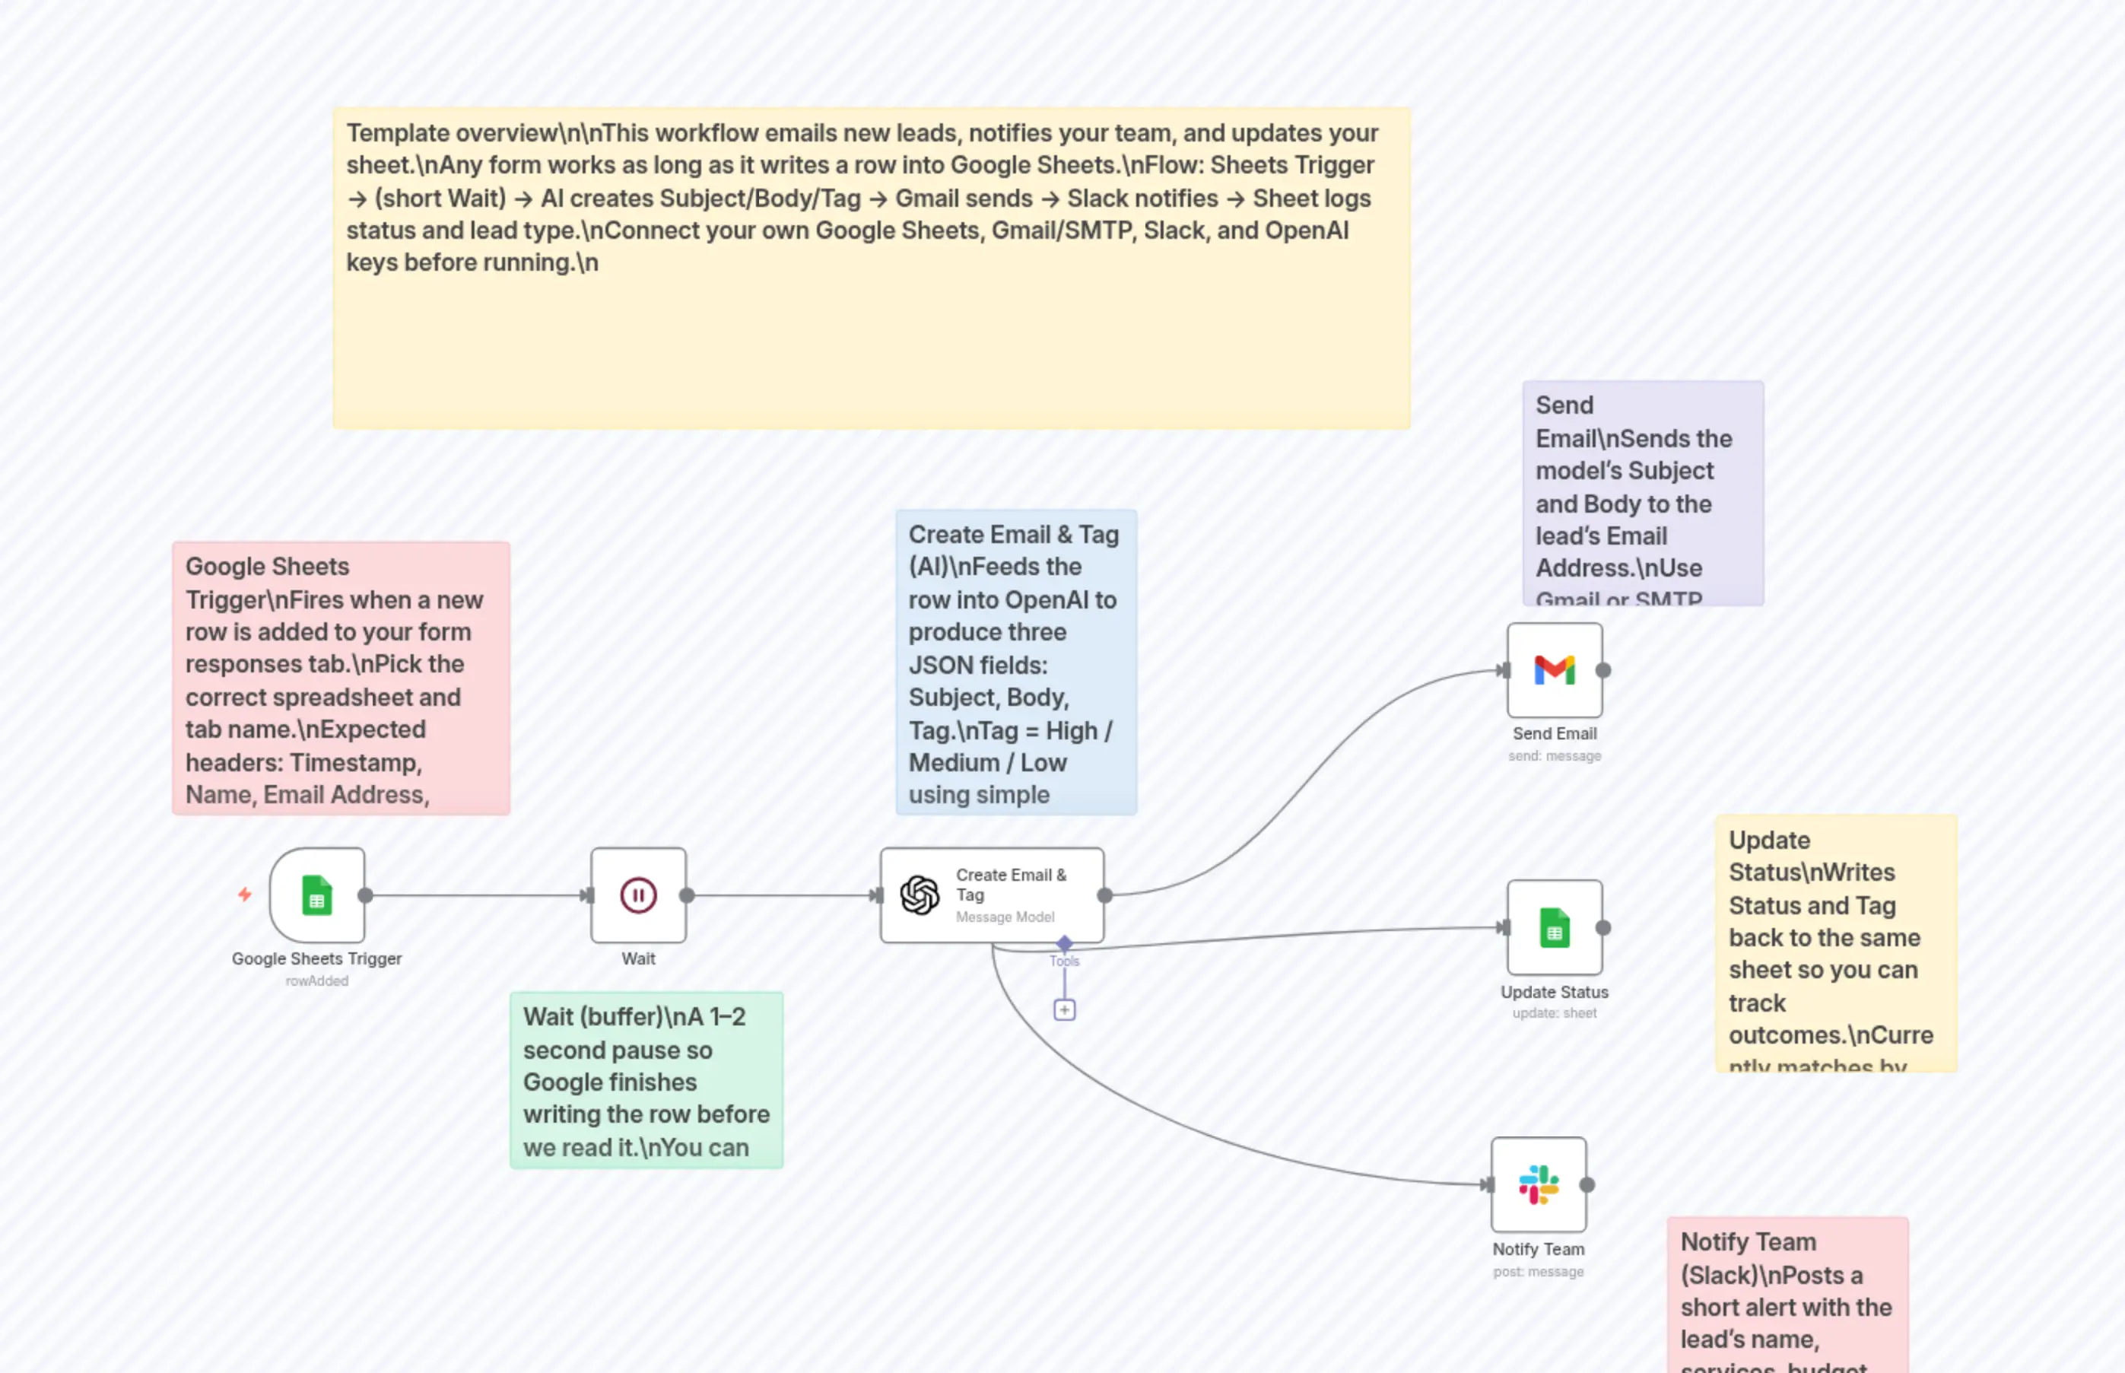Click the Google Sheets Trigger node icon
[x=316, y=895]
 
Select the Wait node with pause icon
[x=638, y=895]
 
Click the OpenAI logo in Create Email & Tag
[x=919, y=895]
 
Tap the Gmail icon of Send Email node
[x=1554, y=670]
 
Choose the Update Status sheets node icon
[x=1554, y=928]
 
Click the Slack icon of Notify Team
[x=1539, y=1185]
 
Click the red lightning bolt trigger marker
[x=244, y=895]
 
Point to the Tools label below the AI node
[x=1064, y=961]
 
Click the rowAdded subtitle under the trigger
[x=316, y=980]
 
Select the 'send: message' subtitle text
[x=1554, y=756]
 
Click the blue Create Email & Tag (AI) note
[x=1015, y=663]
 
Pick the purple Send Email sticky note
[x=1642, y=493]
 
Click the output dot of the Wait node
[x=686, y=895]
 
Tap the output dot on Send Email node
[x=1602, y=670]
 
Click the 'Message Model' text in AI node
[x=1005, y=917]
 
